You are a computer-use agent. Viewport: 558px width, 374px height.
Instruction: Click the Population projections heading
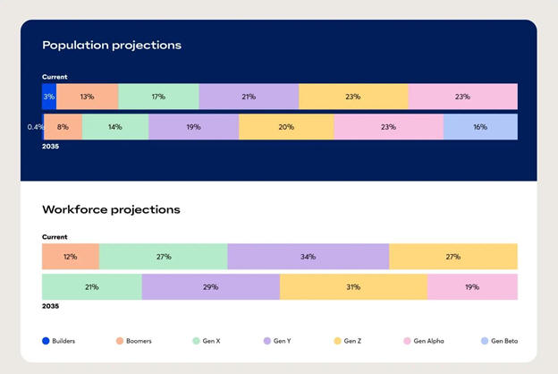(111, 45)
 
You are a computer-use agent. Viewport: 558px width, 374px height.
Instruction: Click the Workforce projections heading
(111, 209)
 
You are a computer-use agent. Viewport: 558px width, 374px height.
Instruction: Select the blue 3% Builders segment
(48, 97)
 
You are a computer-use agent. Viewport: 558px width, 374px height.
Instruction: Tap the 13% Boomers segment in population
(87, 97)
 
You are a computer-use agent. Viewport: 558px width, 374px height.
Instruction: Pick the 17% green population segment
(158, 97)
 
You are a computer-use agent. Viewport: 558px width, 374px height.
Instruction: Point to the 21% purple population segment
(249, 97)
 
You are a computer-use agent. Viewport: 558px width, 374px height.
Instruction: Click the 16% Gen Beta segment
(480, 127)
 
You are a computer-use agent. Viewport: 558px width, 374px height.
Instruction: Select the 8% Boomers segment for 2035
(63, 127)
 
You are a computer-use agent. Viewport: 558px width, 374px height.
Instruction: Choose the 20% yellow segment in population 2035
(286, 127)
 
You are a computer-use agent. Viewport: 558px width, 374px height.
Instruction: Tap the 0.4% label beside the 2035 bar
(35, 127)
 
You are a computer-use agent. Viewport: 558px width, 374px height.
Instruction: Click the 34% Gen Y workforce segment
(308, 257)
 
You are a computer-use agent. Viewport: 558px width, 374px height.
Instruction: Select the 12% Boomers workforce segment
(70, 257)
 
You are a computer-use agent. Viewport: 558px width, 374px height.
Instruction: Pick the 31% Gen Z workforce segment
(353, 287)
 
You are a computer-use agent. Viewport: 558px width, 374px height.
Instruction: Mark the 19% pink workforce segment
(472, 287)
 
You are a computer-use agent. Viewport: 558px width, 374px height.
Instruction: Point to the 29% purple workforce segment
(210, 287)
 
